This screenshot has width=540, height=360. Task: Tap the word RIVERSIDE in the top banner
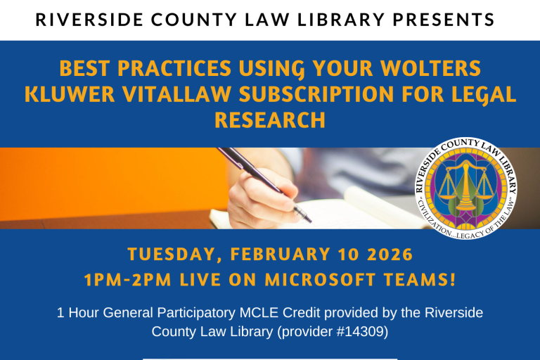click(77, 20)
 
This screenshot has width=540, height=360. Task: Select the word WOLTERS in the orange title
click(440, 70)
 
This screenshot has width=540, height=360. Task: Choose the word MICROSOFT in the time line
click(320, 279)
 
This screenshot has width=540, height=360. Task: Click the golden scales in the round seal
click(466, 188)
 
